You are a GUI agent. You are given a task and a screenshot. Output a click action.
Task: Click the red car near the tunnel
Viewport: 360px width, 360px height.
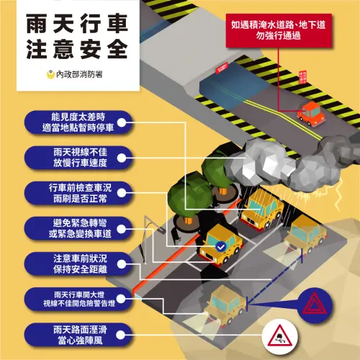pyautogui.click(x=311, y=112)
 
